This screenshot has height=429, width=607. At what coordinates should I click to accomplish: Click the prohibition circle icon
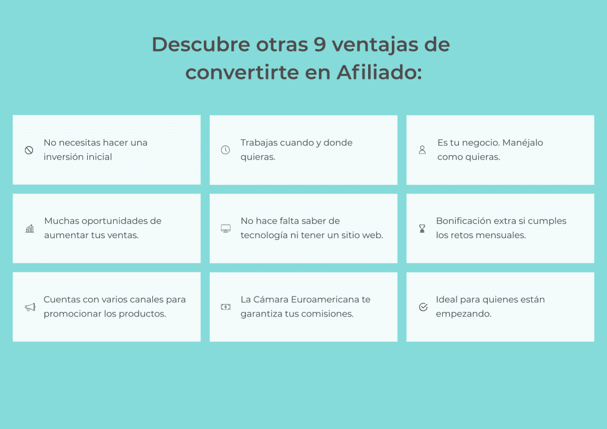(x=29, y=150)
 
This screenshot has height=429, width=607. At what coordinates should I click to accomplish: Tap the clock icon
(x=225, y=150)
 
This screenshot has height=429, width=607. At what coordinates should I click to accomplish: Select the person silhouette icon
(x=422, y=150)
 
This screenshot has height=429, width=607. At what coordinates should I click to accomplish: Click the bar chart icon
(x=30, y=229)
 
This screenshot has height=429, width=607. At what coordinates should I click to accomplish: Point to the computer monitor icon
(x=226, y=229)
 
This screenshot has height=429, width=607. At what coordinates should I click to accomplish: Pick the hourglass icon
(x=422, y=229)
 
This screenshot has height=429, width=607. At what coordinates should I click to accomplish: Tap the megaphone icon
(x=30, y=307)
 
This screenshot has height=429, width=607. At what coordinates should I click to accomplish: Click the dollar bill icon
(x=226, y=307)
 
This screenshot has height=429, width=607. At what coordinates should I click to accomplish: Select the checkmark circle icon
(x=423, y=307)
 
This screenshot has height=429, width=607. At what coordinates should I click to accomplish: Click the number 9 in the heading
(x=320, y=44)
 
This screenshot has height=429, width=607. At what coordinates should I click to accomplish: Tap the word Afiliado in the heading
(x=379, y=72)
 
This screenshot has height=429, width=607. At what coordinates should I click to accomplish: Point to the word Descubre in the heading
(x=201, y=44)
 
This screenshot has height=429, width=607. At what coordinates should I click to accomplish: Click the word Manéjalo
(x=523, y=143)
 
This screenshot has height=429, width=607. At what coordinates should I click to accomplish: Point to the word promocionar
(x=72, y=314)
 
